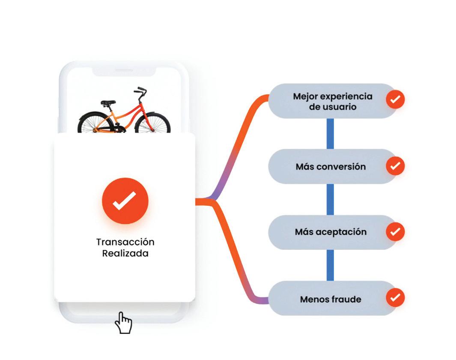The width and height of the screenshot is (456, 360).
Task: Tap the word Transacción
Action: [x=125, y=242]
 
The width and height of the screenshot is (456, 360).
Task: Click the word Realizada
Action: [x=125, y=253]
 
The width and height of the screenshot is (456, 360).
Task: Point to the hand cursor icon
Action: [x=123, y=322]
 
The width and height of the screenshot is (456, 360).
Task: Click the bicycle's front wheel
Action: [x=153, y=123]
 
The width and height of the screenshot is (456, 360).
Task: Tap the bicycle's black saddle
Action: [x=108, y=103]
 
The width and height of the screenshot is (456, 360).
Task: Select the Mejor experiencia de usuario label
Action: [x=332, y=102]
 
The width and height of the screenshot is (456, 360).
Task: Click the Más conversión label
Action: [x=331, y=167]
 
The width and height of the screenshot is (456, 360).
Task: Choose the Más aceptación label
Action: [x=331, y=232]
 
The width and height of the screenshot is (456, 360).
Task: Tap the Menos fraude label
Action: [x=331, y=299]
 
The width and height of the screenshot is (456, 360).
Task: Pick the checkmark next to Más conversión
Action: [x=395, y=166]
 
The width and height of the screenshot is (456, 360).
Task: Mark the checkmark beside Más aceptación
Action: [x=395, y=232]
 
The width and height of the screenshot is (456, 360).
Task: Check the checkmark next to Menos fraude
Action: [x=395, y=297]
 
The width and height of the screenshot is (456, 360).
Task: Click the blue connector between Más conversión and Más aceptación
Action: [x=330, y=199]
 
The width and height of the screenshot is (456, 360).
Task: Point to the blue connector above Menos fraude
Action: [x=330, y=265]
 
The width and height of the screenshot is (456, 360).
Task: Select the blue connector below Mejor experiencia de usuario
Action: [x=330, y=134]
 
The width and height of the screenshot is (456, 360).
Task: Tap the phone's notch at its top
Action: [x=124, y=71]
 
